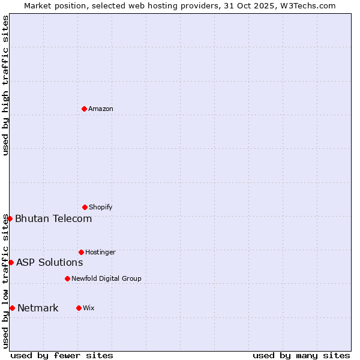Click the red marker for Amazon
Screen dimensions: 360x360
pyautogui.click(x=84, y=109)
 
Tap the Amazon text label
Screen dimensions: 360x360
pyautogui.click(x=101, y=109)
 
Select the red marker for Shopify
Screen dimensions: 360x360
pyautogui.click(x=85, y=207)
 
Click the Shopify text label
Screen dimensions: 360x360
pyautogui.click(x=101, y=208)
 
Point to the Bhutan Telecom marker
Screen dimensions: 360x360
pyautogui.click(x=10, y=218)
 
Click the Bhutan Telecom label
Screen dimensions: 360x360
pyautogui.click(x=53, y=218)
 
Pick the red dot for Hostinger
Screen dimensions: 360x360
pyautogui.click(x=81, y=252)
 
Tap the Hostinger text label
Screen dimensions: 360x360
pyautogui.click(x=100, y=253)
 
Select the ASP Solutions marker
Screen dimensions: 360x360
pyautogui.click(x=11, y=262)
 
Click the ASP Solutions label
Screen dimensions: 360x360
pyautogui.click(x=49, y=262)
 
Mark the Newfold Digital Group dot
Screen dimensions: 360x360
pyautogui.click(x=67, y=278)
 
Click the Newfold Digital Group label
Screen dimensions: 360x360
pyautogui.click(x=106, y=279)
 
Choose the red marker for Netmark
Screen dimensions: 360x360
pyautogui.click(x=12, y=308)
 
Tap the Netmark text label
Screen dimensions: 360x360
pyautogui.click(x=38, y=308)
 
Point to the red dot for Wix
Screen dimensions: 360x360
pyautogui.click(x=79, y=308)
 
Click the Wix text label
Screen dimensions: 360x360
pyautogui.click(x=89, y=308)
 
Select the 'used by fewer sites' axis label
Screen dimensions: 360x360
pyautogui.click(x=62, y=355)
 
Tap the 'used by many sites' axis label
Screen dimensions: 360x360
pyautogui.click(x=301, y=355)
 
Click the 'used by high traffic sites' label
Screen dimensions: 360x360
pyautogui.click(x=6, y=85)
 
